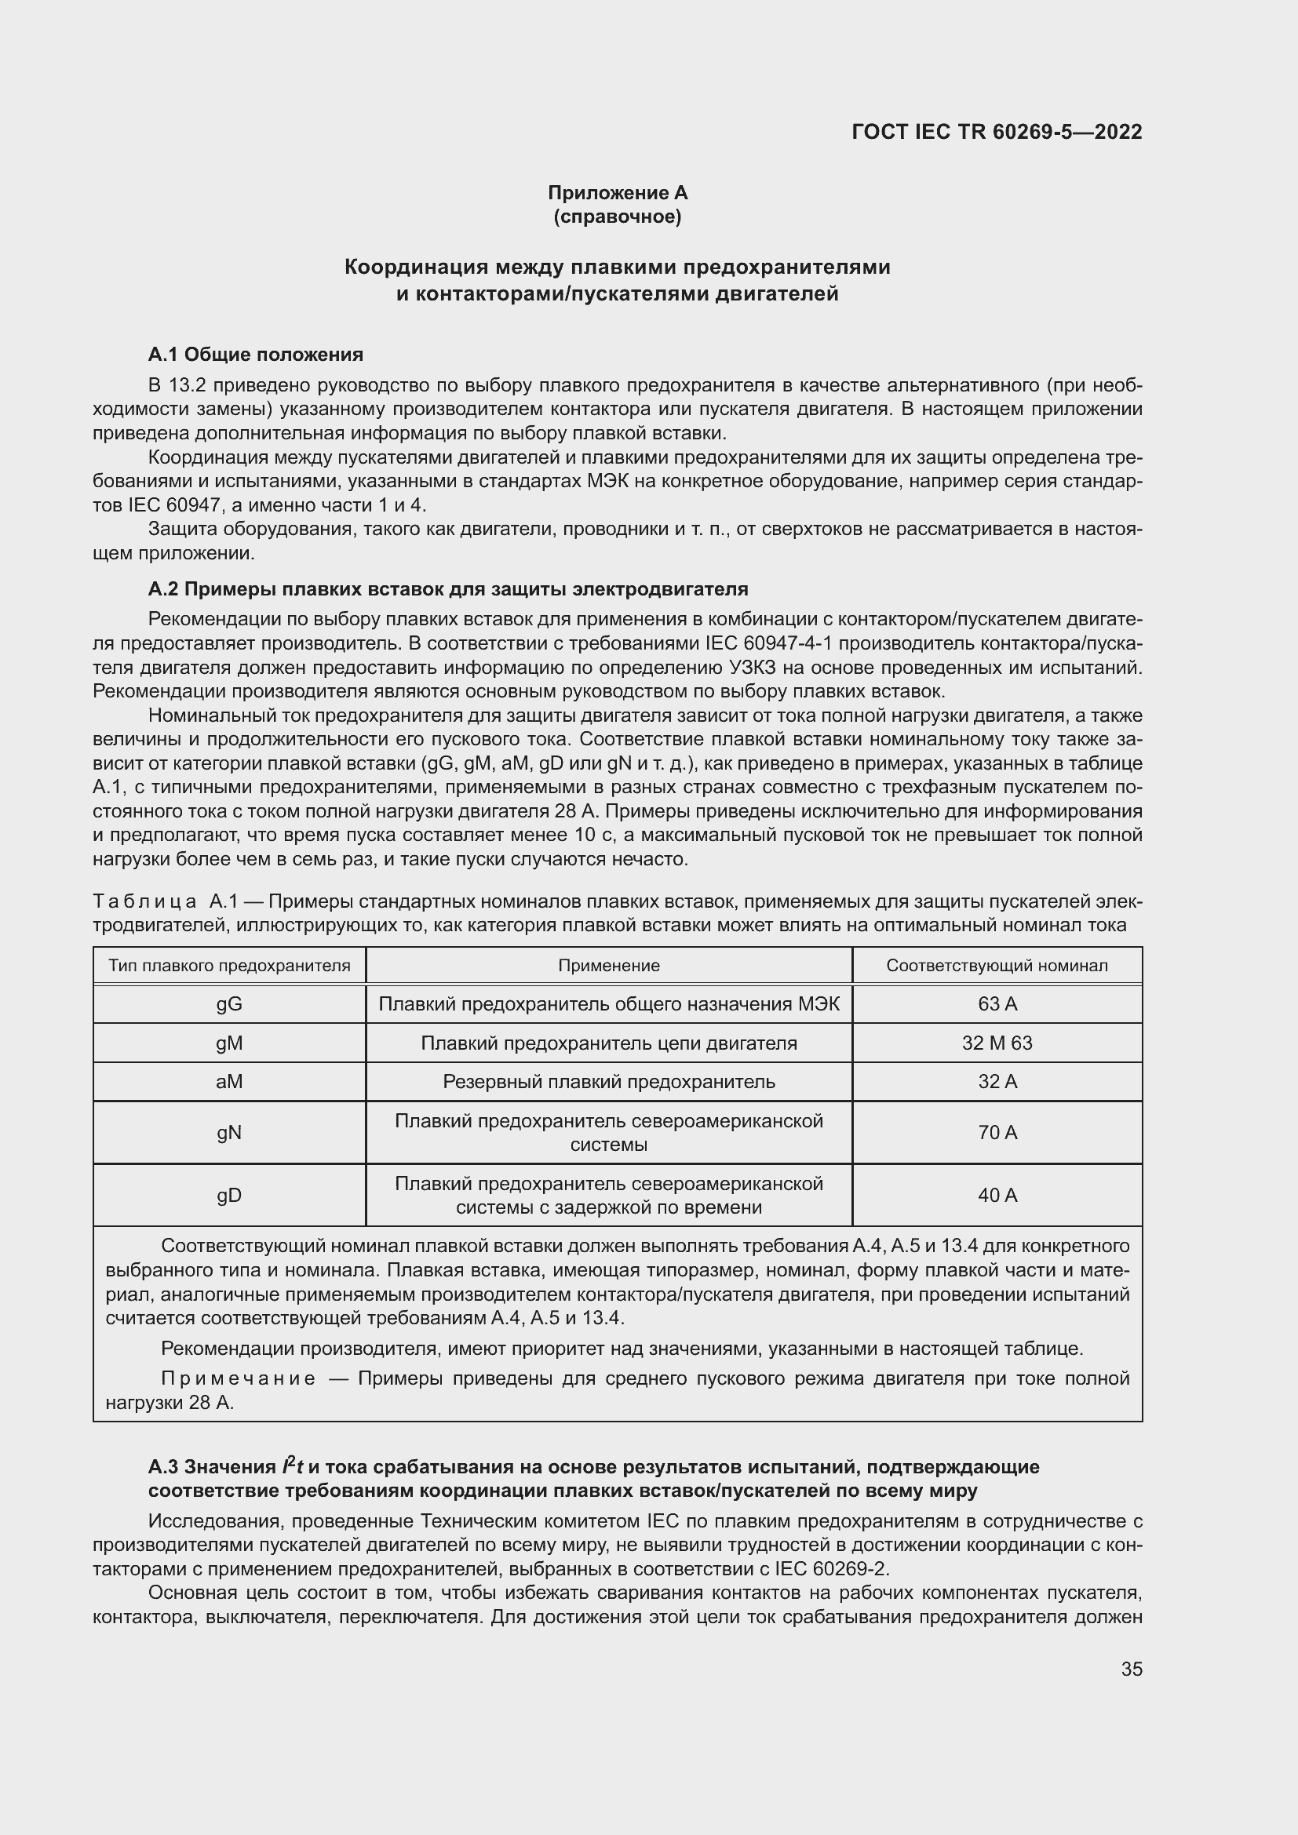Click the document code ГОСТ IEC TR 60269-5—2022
997,132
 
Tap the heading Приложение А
617,193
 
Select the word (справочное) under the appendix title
617,217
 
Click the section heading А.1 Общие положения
256,354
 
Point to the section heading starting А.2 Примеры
447,589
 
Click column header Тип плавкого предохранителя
229,966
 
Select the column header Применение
609,966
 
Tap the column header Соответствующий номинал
997,966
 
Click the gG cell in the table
229,1004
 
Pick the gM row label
229,1043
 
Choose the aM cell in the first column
229,1081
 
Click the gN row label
229,1133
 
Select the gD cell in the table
229,1195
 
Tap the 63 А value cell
997,1004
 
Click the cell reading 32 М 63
997,1043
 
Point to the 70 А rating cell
997,1133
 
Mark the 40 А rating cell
997,1195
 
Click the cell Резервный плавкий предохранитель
609,1081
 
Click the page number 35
1131,1669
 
